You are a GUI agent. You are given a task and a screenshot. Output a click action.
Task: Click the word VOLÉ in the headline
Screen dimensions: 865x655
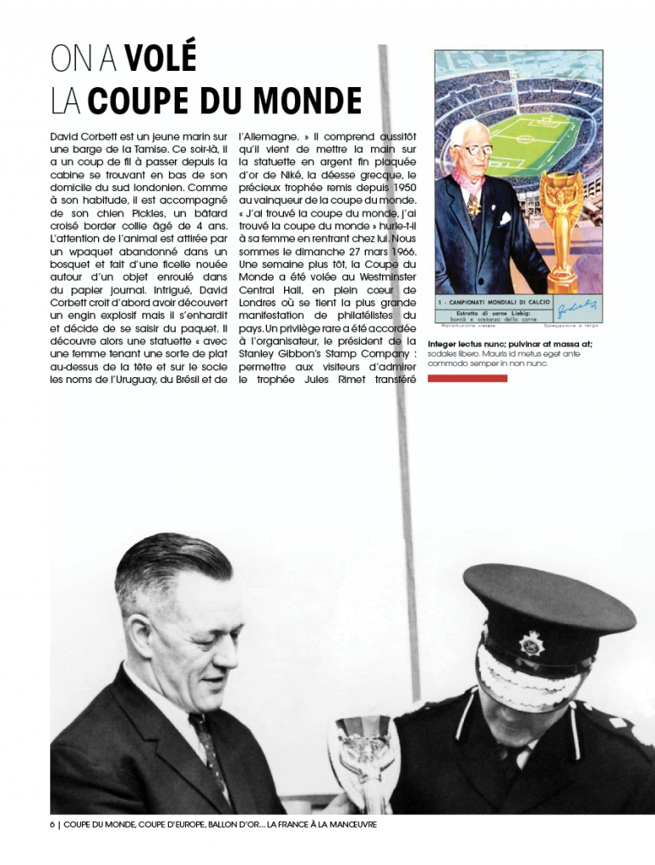point(160,58)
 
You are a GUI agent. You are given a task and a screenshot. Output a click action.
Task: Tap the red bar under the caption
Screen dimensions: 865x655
point(467,378)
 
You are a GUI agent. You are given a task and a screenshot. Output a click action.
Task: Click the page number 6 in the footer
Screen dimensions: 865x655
point(53,825)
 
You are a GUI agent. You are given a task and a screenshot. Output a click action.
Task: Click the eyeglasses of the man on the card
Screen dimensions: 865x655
point(473,149)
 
